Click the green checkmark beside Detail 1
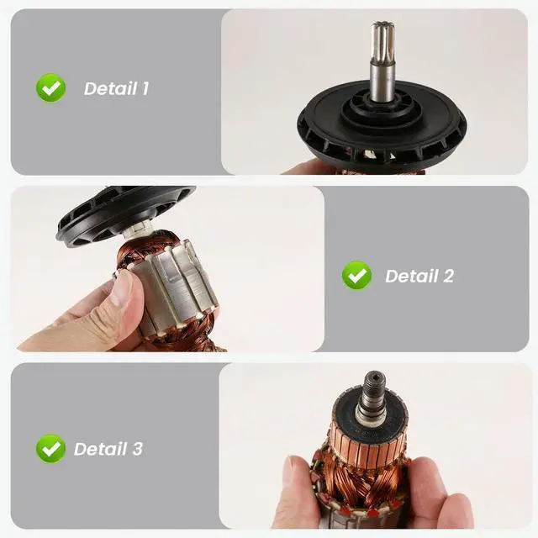coord(50,87)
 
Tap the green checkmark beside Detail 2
coord(356,275)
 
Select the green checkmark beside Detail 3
coord(50,448)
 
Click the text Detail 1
coord(116,88)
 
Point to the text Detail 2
coord(419,276)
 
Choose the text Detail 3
coord(108,449)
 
